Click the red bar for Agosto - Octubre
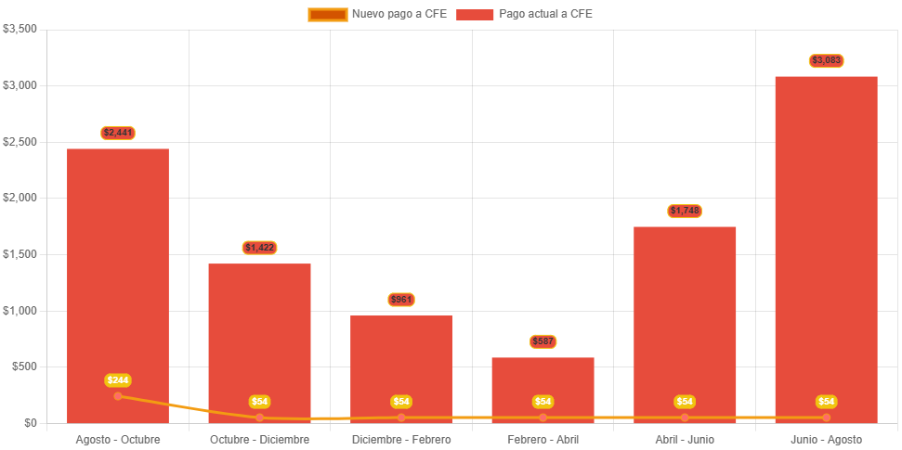tap(118, 278)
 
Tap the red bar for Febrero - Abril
tap(543, 385)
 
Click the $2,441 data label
tap(118, 133)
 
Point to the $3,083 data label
tap(826, 60)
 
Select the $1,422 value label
tap(260, 248)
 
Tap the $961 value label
tap(401, 300)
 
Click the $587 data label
tap(543, 341)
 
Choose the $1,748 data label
tap(685, 211)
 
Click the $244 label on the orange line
tap(118, 380)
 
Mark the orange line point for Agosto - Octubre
tap(118, 396)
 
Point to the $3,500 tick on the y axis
tap(20, 29)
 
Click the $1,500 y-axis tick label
tap(20, 254)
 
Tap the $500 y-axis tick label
tap(24, 366)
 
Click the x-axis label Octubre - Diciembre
tap(260, 439)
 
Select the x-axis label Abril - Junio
tap(685, 439)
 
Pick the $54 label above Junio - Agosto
tap(826, 402)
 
